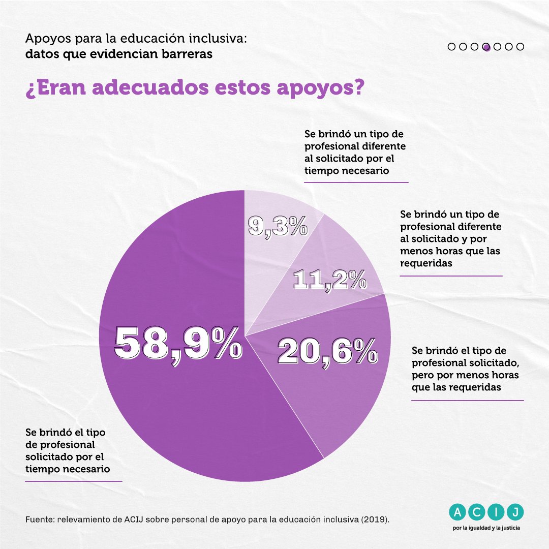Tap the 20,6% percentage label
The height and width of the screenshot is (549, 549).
pyautogui.click(x=328, y=352)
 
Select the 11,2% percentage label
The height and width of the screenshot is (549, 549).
pyautogui.click(x=330, y=280)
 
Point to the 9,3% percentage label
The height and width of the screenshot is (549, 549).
pyautogui.click(x=278, y=226)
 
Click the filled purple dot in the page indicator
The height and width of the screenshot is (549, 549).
pyautogui.click(x=486, y=47)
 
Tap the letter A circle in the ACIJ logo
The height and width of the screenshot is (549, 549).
pyautogui.click(x=457, y=512)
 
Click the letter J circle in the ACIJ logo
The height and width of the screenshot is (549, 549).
pyautogui.click(x=515, y=512)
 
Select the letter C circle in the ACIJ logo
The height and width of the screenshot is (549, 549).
pyautogui.click(x=476, y=512)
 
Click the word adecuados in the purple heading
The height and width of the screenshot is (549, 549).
pyautogui.click(x=150, y=87)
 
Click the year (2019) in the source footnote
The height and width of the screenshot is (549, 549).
pyautogui.click(x=375, y=519)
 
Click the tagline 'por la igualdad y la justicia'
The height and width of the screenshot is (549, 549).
pyautogui.click(x=486, y=528)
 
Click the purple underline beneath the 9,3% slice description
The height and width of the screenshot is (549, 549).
pyautogui.click(x=356, y=182)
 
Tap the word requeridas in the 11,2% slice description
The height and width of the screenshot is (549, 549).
pyautogui.click(x=426, y=263)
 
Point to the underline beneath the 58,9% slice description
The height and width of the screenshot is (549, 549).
pyautogui.click(x=74, y=481)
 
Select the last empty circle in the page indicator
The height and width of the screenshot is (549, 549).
pyautogui.click(x=521, y=47)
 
